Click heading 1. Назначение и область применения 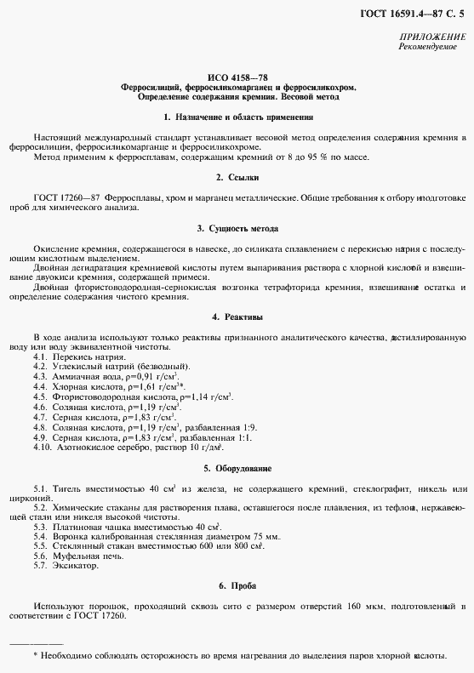coord(237,117)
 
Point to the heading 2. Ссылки coord(237,176)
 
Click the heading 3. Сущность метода coord(237,229)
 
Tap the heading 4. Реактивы coord(237,317)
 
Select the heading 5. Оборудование coord(237,468)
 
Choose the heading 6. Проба coord(237,586)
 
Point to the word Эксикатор coord(77,565)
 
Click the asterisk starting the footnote coord(34,657)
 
